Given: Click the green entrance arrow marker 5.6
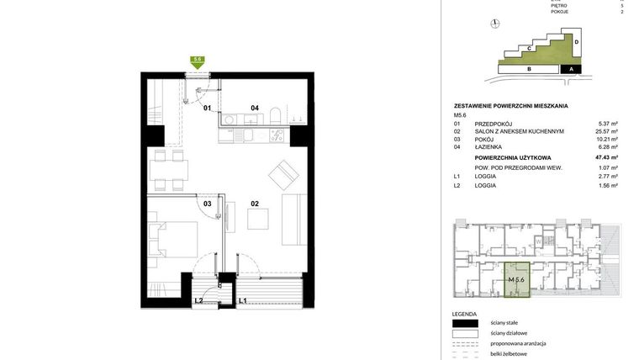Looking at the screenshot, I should [198, 61].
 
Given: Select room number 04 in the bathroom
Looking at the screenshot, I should [254, 108].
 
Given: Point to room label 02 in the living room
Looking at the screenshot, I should [254, 203].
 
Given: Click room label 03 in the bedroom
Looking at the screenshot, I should [207, 203].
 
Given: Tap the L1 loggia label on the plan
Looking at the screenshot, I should [242, 300].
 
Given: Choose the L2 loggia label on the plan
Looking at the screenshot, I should [198, 300].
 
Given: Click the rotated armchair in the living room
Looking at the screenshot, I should [283, 176].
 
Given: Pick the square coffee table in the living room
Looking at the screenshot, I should [259, 218].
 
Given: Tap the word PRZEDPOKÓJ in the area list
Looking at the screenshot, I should [494, 123].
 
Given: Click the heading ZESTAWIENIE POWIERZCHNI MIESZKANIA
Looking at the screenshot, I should [510, 106].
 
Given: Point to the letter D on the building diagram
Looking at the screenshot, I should [577, 41].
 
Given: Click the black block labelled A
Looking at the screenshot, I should [571, 70].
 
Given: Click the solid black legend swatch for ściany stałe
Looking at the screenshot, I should [465, 323].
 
